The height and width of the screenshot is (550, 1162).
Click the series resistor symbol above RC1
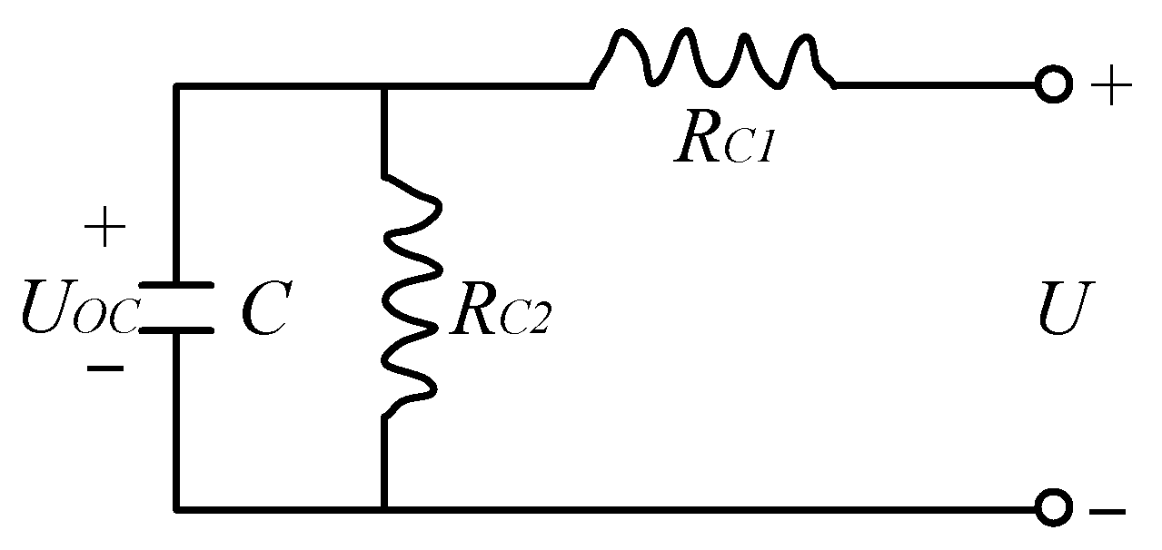coord(713,62)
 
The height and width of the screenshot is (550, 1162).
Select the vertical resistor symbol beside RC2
coord(413,295)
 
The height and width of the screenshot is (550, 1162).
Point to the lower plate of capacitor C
coord(176,330)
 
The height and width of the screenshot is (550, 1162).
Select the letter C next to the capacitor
coord(264,308)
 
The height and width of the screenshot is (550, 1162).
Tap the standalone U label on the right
coord(1060,309)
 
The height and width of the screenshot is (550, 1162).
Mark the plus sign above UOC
coord(104,230)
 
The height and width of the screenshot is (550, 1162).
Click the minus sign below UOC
coord(104,369)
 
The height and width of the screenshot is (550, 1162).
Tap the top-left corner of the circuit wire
coord(177,87)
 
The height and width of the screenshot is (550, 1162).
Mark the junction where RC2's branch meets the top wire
coord(384,87)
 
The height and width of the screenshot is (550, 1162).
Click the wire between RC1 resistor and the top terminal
coord(936,86)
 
